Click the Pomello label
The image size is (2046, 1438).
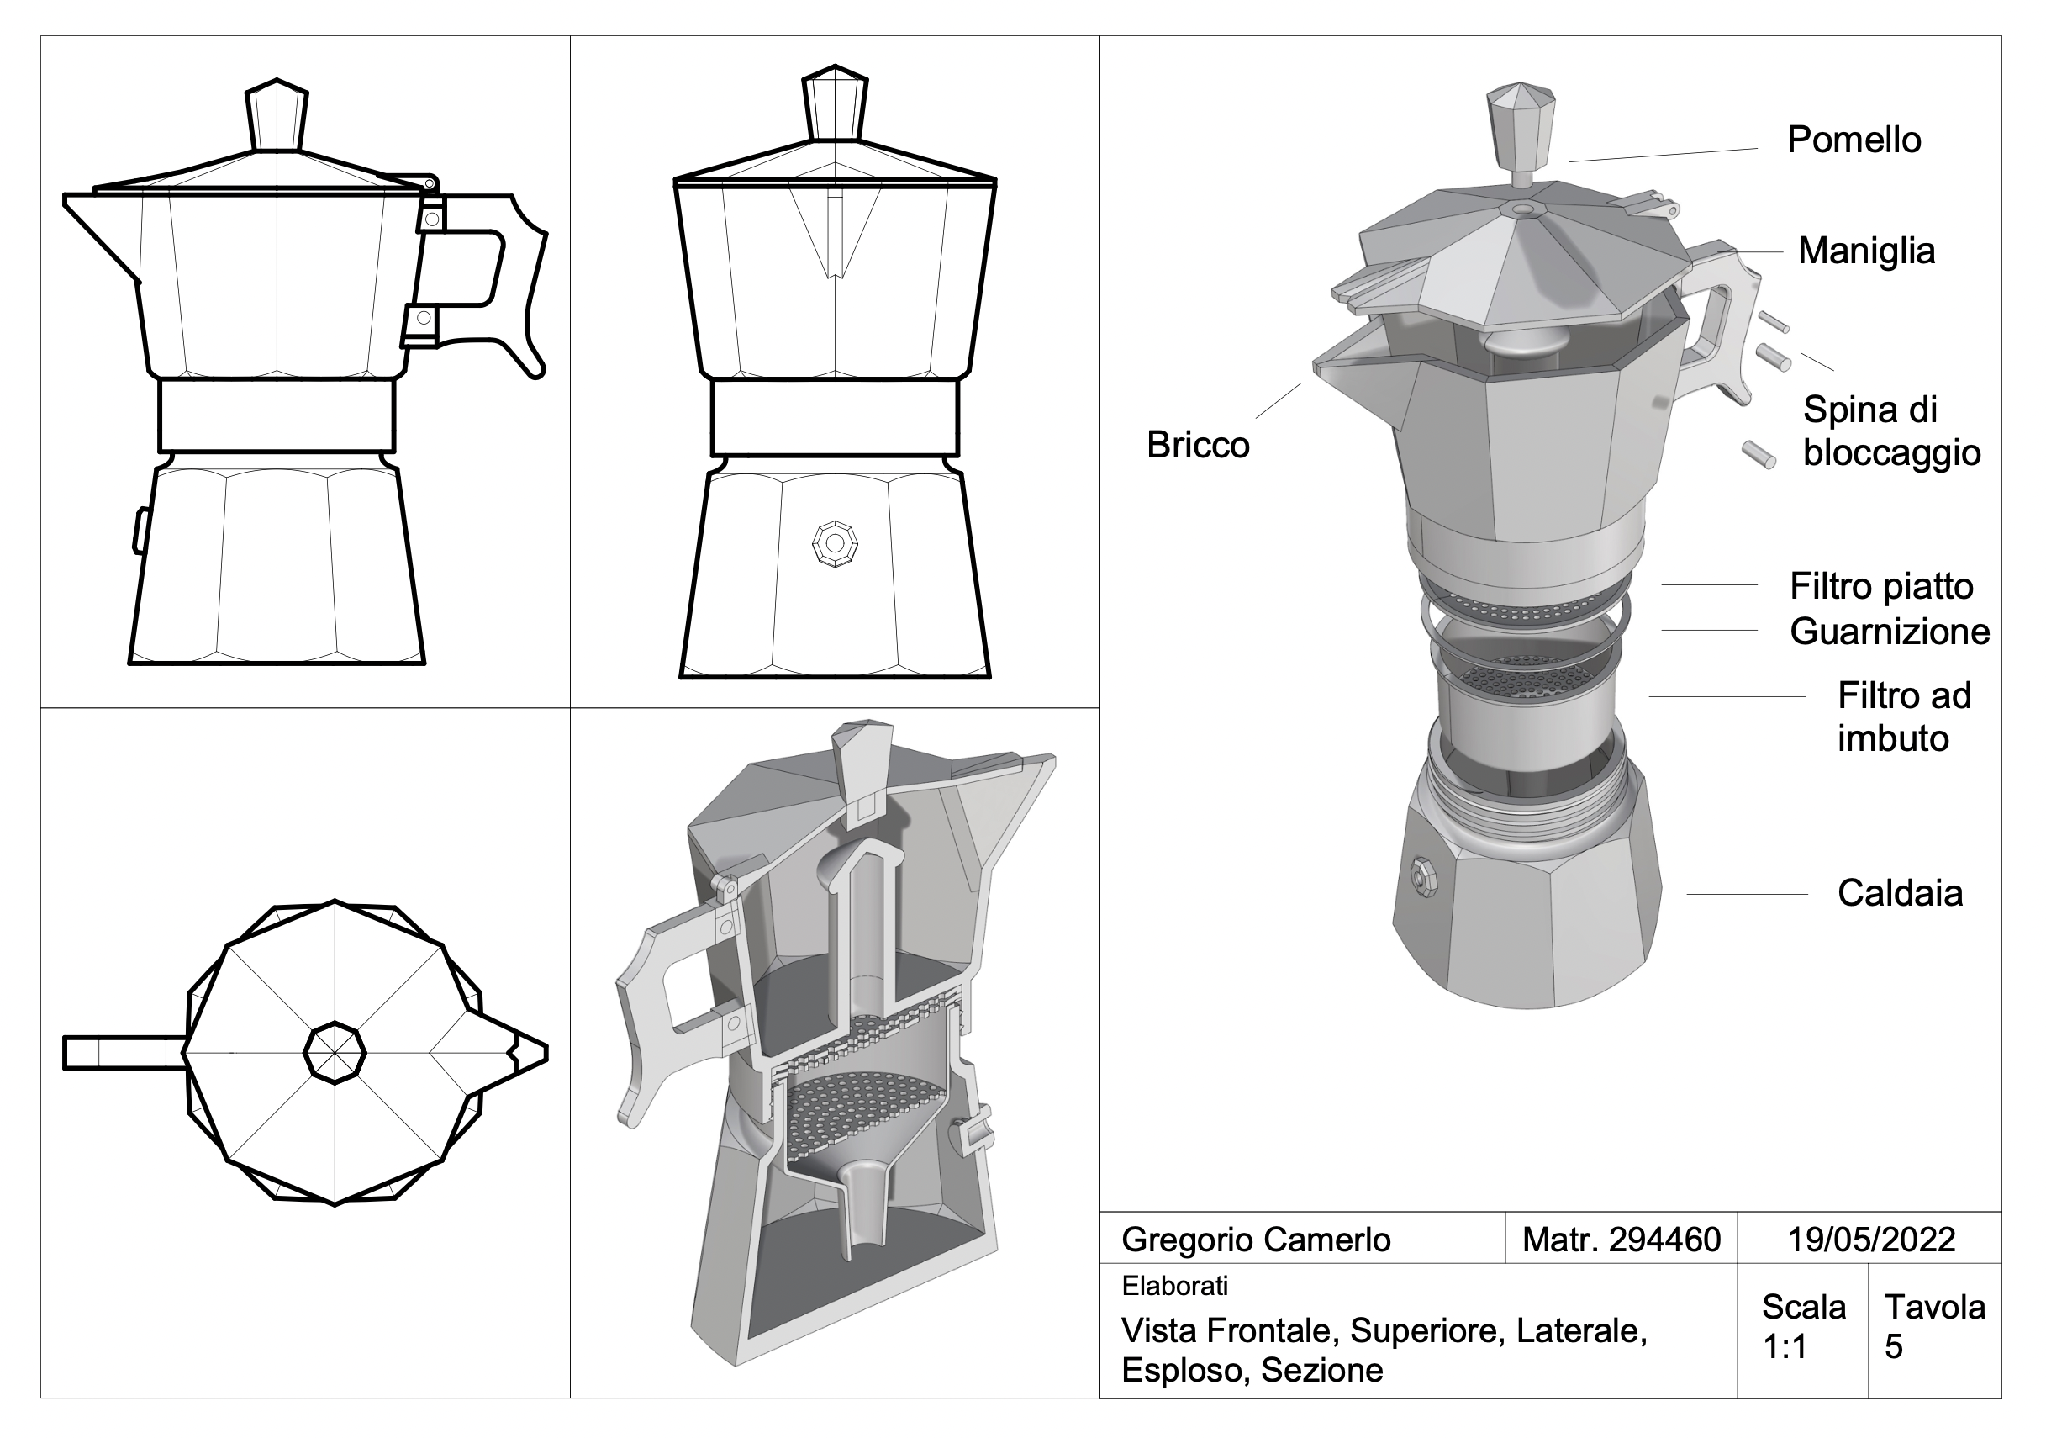1854,140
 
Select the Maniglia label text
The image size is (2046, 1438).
1866,251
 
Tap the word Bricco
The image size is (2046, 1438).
1198,445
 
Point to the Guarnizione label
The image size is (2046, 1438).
1890,632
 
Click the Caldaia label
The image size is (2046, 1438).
1900,893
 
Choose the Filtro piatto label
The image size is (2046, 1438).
1882,587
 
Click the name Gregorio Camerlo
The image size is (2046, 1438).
1256,1240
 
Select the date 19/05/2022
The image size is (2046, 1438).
1871,1240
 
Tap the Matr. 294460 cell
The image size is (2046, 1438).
1621,1240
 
